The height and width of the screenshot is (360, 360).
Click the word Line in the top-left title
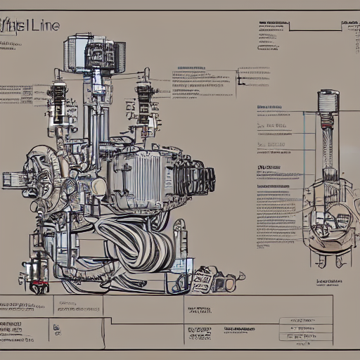coord(44,26)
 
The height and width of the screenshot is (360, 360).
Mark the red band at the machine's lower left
coord(40,287)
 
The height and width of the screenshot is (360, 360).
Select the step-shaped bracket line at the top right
coord(316,29)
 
